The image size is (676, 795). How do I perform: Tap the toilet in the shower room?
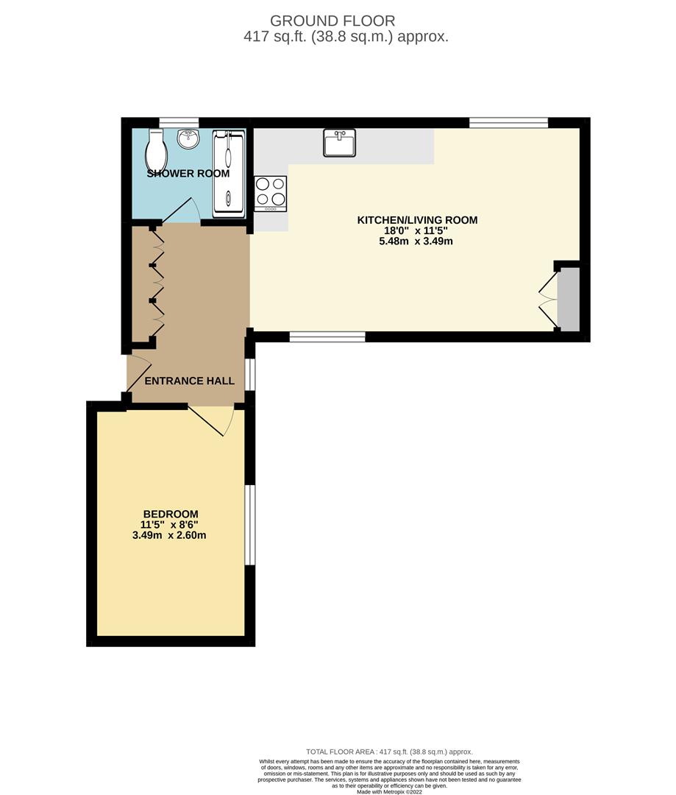[x=156, y=150]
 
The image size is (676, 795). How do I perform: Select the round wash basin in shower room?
[x=188, y=138]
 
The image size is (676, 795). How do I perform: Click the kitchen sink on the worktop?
[x=339, y=143]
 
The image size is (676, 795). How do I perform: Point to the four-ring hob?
[x=271, y=193]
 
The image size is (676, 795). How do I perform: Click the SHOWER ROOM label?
[x=188, y=174]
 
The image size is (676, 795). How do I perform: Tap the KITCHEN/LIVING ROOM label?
[x=417, y=219]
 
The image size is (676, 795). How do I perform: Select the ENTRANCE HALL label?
[x=189, y=381]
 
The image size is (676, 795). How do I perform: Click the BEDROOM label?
[x=170, y=514]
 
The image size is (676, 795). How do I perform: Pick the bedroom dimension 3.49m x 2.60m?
[x=170, y=535]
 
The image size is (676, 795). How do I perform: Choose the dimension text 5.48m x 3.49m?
[x=417, y=241]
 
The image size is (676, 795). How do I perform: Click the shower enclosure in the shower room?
[x=228, y=174]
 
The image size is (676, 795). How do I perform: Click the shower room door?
[x=181, y=211]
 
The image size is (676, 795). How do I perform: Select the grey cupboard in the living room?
[x=568, y=300]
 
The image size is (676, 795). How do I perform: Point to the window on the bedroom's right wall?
[x=250, y=525]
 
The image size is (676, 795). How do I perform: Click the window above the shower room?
[x=179, y=121]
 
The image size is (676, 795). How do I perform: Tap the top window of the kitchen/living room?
[x=508, y=122]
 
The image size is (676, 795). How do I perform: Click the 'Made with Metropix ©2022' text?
[x=390, y=792]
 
